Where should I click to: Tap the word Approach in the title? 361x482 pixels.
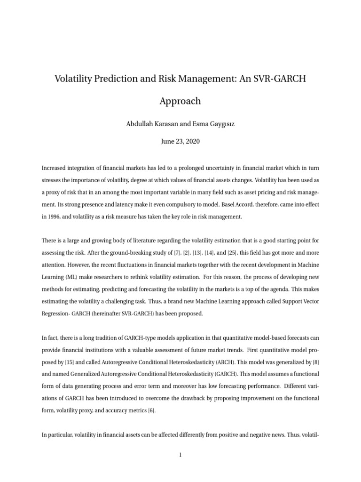coord(180,101)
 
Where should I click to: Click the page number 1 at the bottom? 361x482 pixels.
coord(180,455)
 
